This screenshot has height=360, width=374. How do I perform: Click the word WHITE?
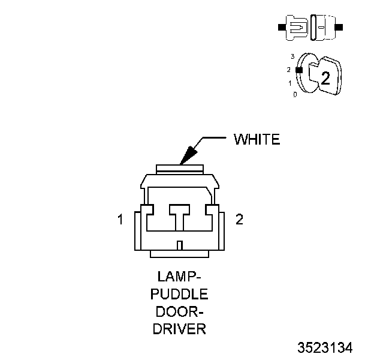point(257,140)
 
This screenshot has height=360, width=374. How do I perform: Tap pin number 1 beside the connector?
point(120,220)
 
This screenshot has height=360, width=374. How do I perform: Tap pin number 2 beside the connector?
point(240,220)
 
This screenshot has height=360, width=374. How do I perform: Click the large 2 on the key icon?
point(325,77)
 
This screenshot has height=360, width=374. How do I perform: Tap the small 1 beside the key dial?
point(290,83)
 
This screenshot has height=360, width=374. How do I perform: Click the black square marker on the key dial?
point(300,70)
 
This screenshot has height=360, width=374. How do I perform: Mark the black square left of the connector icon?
point(281,28)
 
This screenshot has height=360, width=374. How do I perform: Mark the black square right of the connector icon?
point(340,28)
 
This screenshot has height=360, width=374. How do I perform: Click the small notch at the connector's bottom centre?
point(180,244)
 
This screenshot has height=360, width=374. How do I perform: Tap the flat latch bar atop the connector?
point(180,168)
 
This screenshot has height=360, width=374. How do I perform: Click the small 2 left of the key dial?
point(289,70)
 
